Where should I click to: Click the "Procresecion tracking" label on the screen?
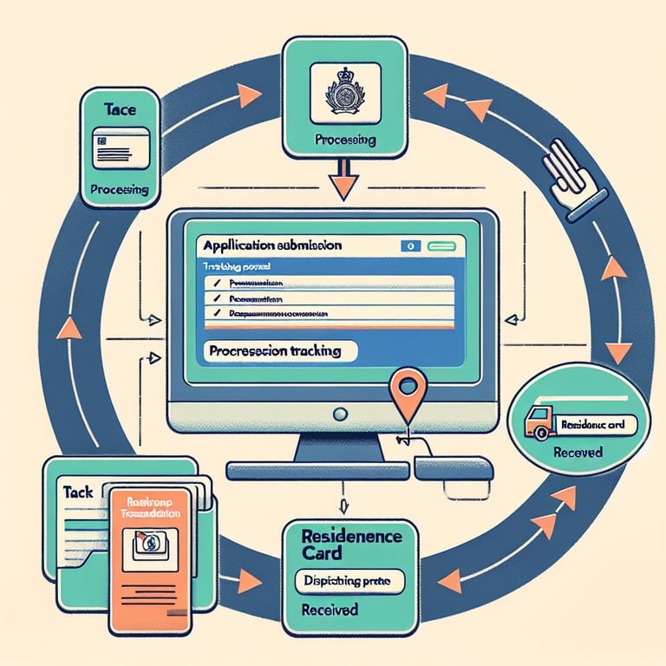point(273,351)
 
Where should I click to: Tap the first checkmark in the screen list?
point(213,284)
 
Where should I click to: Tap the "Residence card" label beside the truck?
point(593,426)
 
